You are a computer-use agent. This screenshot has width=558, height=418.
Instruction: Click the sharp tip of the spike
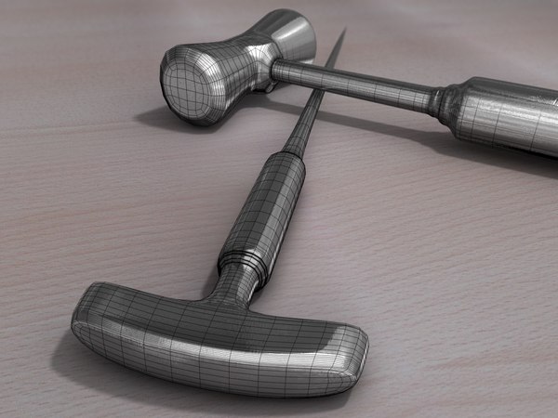343,33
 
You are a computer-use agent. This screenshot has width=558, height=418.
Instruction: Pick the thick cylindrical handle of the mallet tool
507,116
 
